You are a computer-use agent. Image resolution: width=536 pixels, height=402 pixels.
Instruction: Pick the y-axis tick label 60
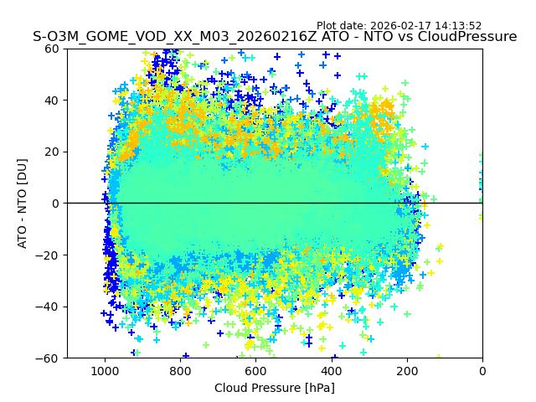(52, 49)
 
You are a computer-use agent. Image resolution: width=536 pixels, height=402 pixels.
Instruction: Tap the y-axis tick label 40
(52, 100)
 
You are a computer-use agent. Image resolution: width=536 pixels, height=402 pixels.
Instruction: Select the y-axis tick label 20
(52, 152)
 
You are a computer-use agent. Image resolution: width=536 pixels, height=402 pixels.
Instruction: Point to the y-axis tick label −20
(49, 255)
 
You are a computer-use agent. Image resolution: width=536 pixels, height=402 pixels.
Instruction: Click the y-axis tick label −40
(49, 307)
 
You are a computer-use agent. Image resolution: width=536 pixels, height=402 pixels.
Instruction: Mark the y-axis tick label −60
(49, 358)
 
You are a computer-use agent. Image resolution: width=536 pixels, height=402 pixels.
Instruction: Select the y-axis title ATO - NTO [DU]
(23, 204)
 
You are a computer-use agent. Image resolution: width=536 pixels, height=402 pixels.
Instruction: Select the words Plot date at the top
(341, 26)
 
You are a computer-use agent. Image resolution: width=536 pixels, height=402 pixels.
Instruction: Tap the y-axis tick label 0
(55, 204)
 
